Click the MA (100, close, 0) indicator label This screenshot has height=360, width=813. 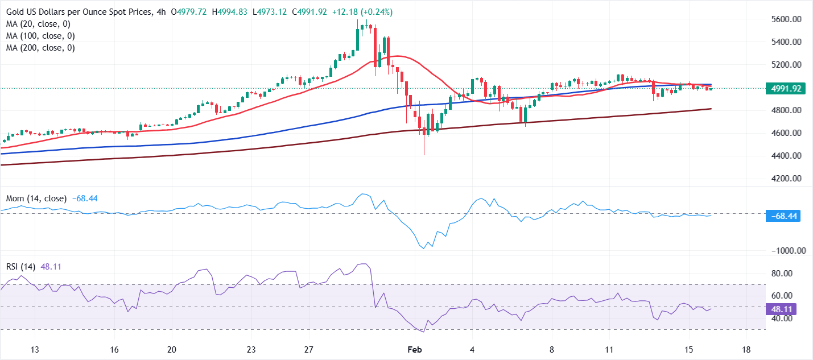pos(41,36)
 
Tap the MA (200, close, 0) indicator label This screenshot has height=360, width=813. pos(41,48)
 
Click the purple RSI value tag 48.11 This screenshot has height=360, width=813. pos(782,309)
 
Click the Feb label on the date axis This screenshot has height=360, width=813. pos(414,349)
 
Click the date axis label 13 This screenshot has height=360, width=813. pos(35,349)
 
